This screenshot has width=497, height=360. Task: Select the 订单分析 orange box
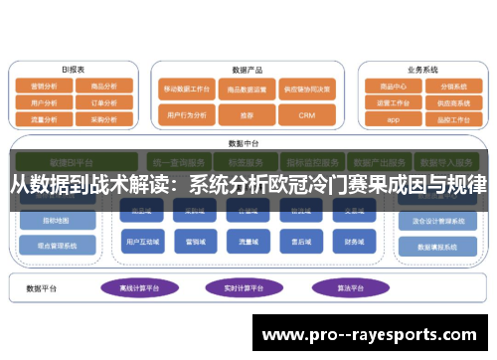pos(104,101)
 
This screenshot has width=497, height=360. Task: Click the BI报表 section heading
pos(74,70)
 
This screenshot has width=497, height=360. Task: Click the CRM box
pos(306,115)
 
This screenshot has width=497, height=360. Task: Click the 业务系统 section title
pos(421,70)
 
